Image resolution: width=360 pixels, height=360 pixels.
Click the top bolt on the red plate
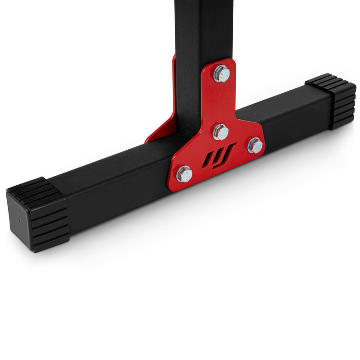[x=221, y=73]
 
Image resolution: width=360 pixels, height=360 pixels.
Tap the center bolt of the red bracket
[x=220, y=131]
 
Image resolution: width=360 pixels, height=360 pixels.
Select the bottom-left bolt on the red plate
[x=184, y=174]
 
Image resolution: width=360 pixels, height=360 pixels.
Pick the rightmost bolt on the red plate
[x=255, y=145]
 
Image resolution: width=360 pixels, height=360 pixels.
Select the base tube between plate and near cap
[x=115, y=182]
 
